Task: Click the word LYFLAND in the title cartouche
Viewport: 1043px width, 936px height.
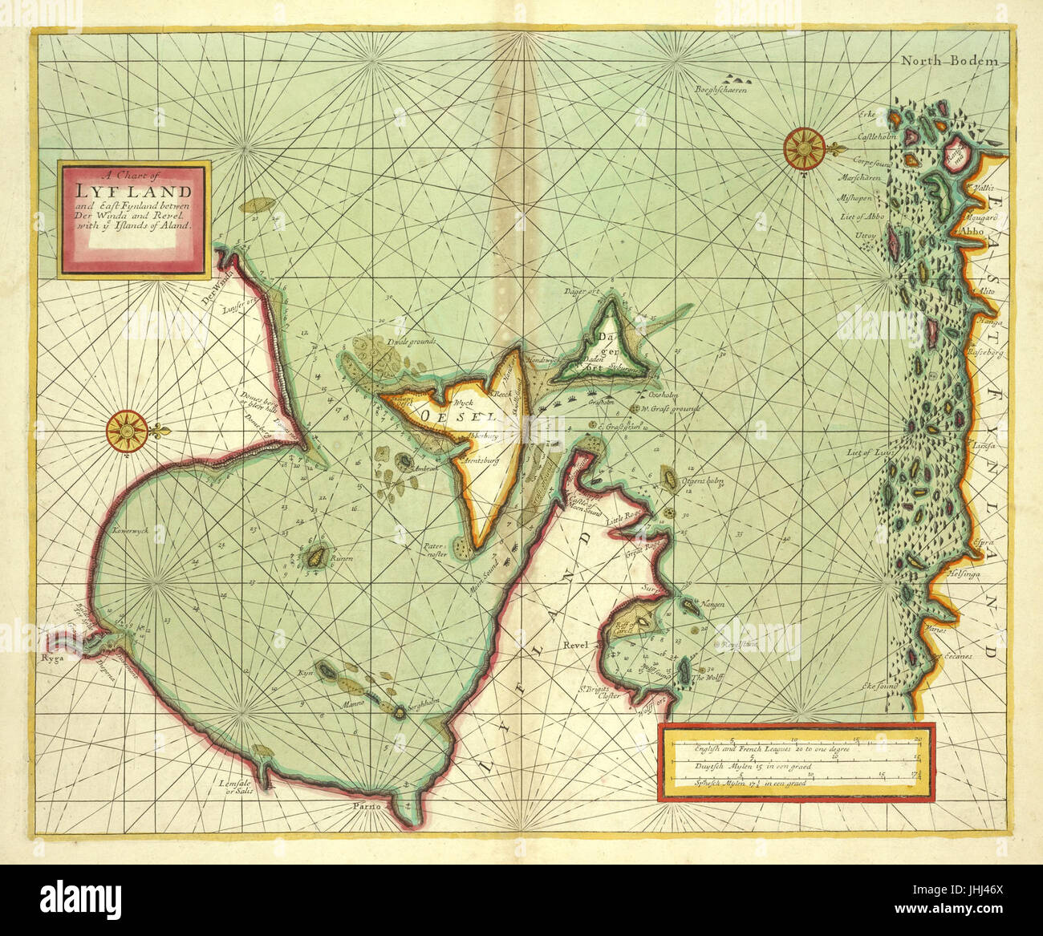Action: [134, 192]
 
